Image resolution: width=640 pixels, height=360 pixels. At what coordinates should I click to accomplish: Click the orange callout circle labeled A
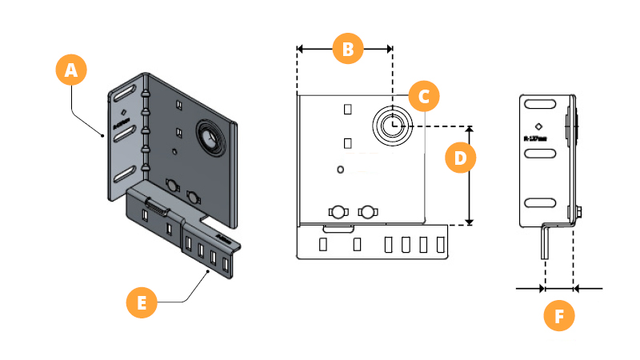point(71,70)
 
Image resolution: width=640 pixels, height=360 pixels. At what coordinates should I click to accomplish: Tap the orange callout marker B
point(347,49)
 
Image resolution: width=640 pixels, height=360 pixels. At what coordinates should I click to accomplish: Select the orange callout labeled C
point(424,97)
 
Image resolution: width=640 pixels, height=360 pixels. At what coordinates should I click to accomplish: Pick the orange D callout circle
point(460,158)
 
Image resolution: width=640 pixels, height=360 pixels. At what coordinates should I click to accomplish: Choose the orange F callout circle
point(559,316)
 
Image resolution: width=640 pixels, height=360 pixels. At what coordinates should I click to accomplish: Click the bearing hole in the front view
point(392,125)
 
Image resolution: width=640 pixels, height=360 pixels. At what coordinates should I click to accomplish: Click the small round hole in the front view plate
point(341,170)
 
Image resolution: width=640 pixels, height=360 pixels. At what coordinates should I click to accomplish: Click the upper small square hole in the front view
point(347,108)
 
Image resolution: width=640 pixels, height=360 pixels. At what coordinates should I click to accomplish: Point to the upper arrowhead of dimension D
point(470,130)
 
